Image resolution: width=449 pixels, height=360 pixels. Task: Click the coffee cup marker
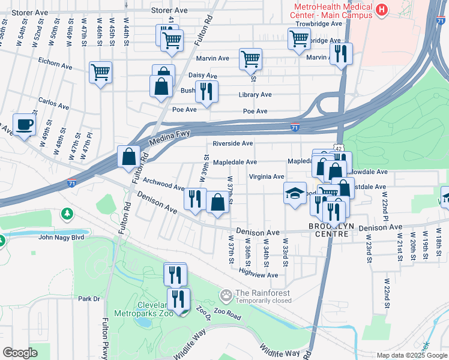point(24,125)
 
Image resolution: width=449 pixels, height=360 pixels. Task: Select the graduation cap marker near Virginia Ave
point(294,193)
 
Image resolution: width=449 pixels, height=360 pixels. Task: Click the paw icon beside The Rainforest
point(226,295)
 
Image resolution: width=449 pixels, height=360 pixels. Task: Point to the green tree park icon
point(67,214)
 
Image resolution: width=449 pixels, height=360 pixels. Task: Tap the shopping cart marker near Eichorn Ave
point(100,73)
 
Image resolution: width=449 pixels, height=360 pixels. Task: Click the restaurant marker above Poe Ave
point(206,91)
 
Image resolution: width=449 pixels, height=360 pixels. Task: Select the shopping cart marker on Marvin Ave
point(250,59)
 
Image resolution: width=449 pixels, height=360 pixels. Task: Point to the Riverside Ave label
point(232,143)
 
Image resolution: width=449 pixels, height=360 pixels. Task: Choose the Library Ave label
point(255,95)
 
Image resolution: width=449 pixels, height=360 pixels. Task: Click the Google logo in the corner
point(20,353)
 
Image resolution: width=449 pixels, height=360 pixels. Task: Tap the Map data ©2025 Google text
point(411,355)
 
